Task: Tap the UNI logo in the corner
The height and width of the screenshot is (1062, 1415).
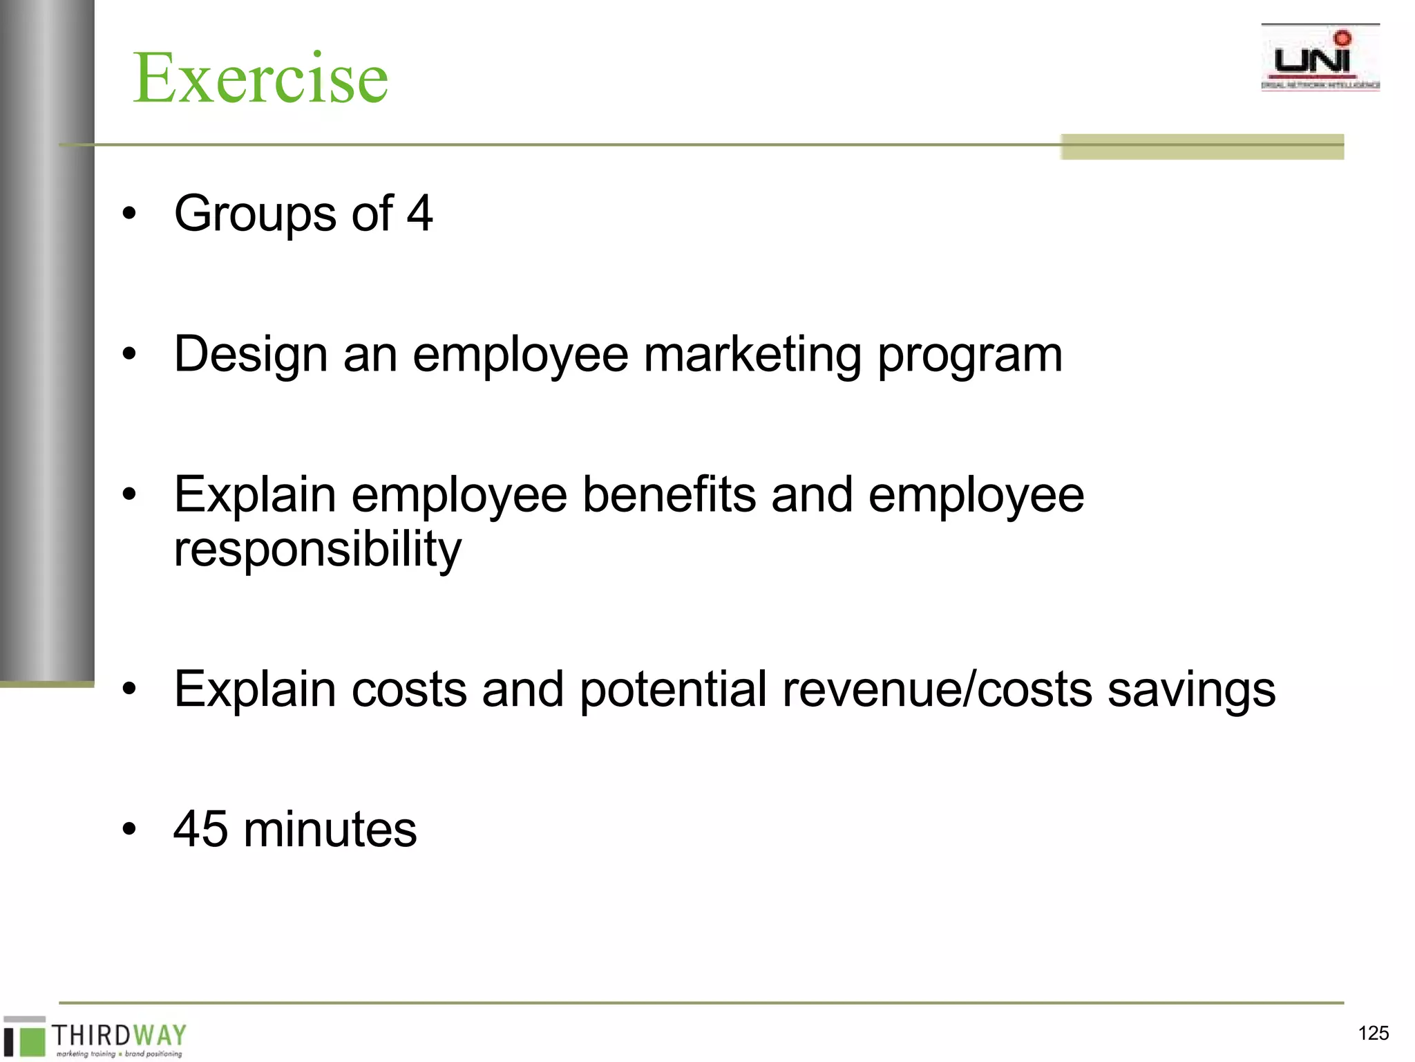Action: point(1320,58)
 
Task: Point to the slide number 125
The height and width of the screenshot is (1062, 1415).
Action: point(1373,1033)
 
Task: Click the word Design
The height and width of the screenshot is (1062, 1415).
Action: point(250,354)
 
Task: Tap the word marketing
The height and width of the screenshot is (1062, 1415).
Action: point(752,354)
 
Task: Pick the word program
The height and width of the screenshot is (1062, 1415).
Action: point(969,355)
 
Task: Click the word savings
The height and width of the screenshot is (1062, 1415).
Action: point(1191,689)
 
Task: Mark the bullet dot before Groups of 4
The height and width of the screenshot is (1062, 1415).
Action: point(129,214)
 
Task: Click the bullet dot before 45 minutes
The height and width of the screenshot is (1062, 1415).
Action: point(129,829)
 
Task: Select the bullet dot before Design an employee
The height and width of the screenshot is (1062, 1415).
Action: point(129,355)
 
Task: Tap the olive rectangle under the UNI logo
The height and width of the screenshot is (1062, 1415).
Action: point(1202,147)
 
